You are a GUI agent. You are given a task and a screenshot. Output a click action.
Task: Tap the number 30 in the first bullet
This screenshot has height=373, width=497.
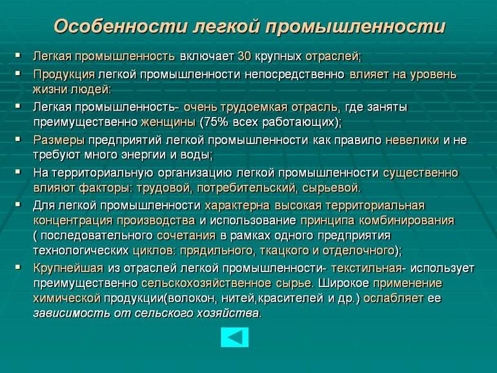coord(245,56)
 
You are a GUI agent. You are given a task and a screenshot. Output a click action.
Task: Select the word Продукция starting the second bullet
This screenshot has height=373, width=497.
coord(64,74)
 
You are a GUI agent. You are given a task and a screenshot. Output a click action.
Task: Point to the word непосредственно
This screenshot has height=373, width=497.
coord(294,74)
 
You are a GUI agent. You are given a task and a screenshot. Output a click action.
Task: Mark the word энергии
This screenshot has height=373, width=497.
coord(140,155)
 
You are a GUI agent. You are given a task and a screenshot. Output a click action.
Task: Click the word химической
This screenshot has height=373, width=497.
coord(67,298)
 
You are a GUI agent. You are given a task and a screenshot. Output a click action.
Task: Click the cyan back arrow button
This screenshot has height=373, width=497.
coord(234,337)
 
